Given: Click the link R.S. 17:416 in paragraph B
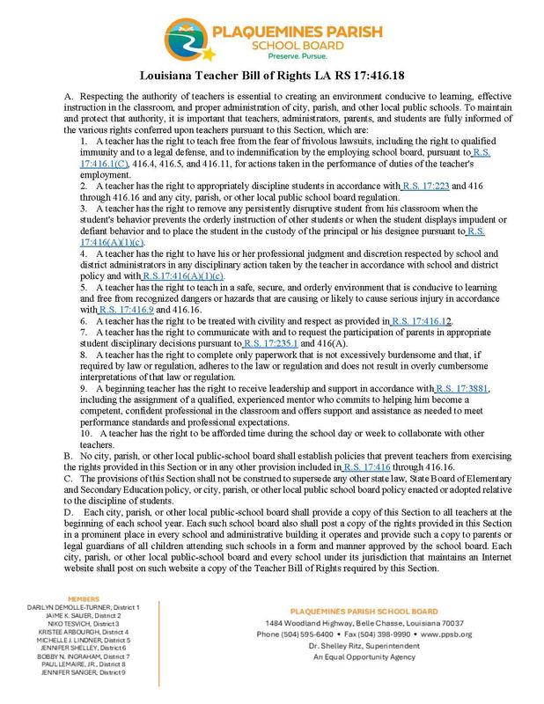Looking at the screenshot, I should pyautogui.click(x=371, y=465).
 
